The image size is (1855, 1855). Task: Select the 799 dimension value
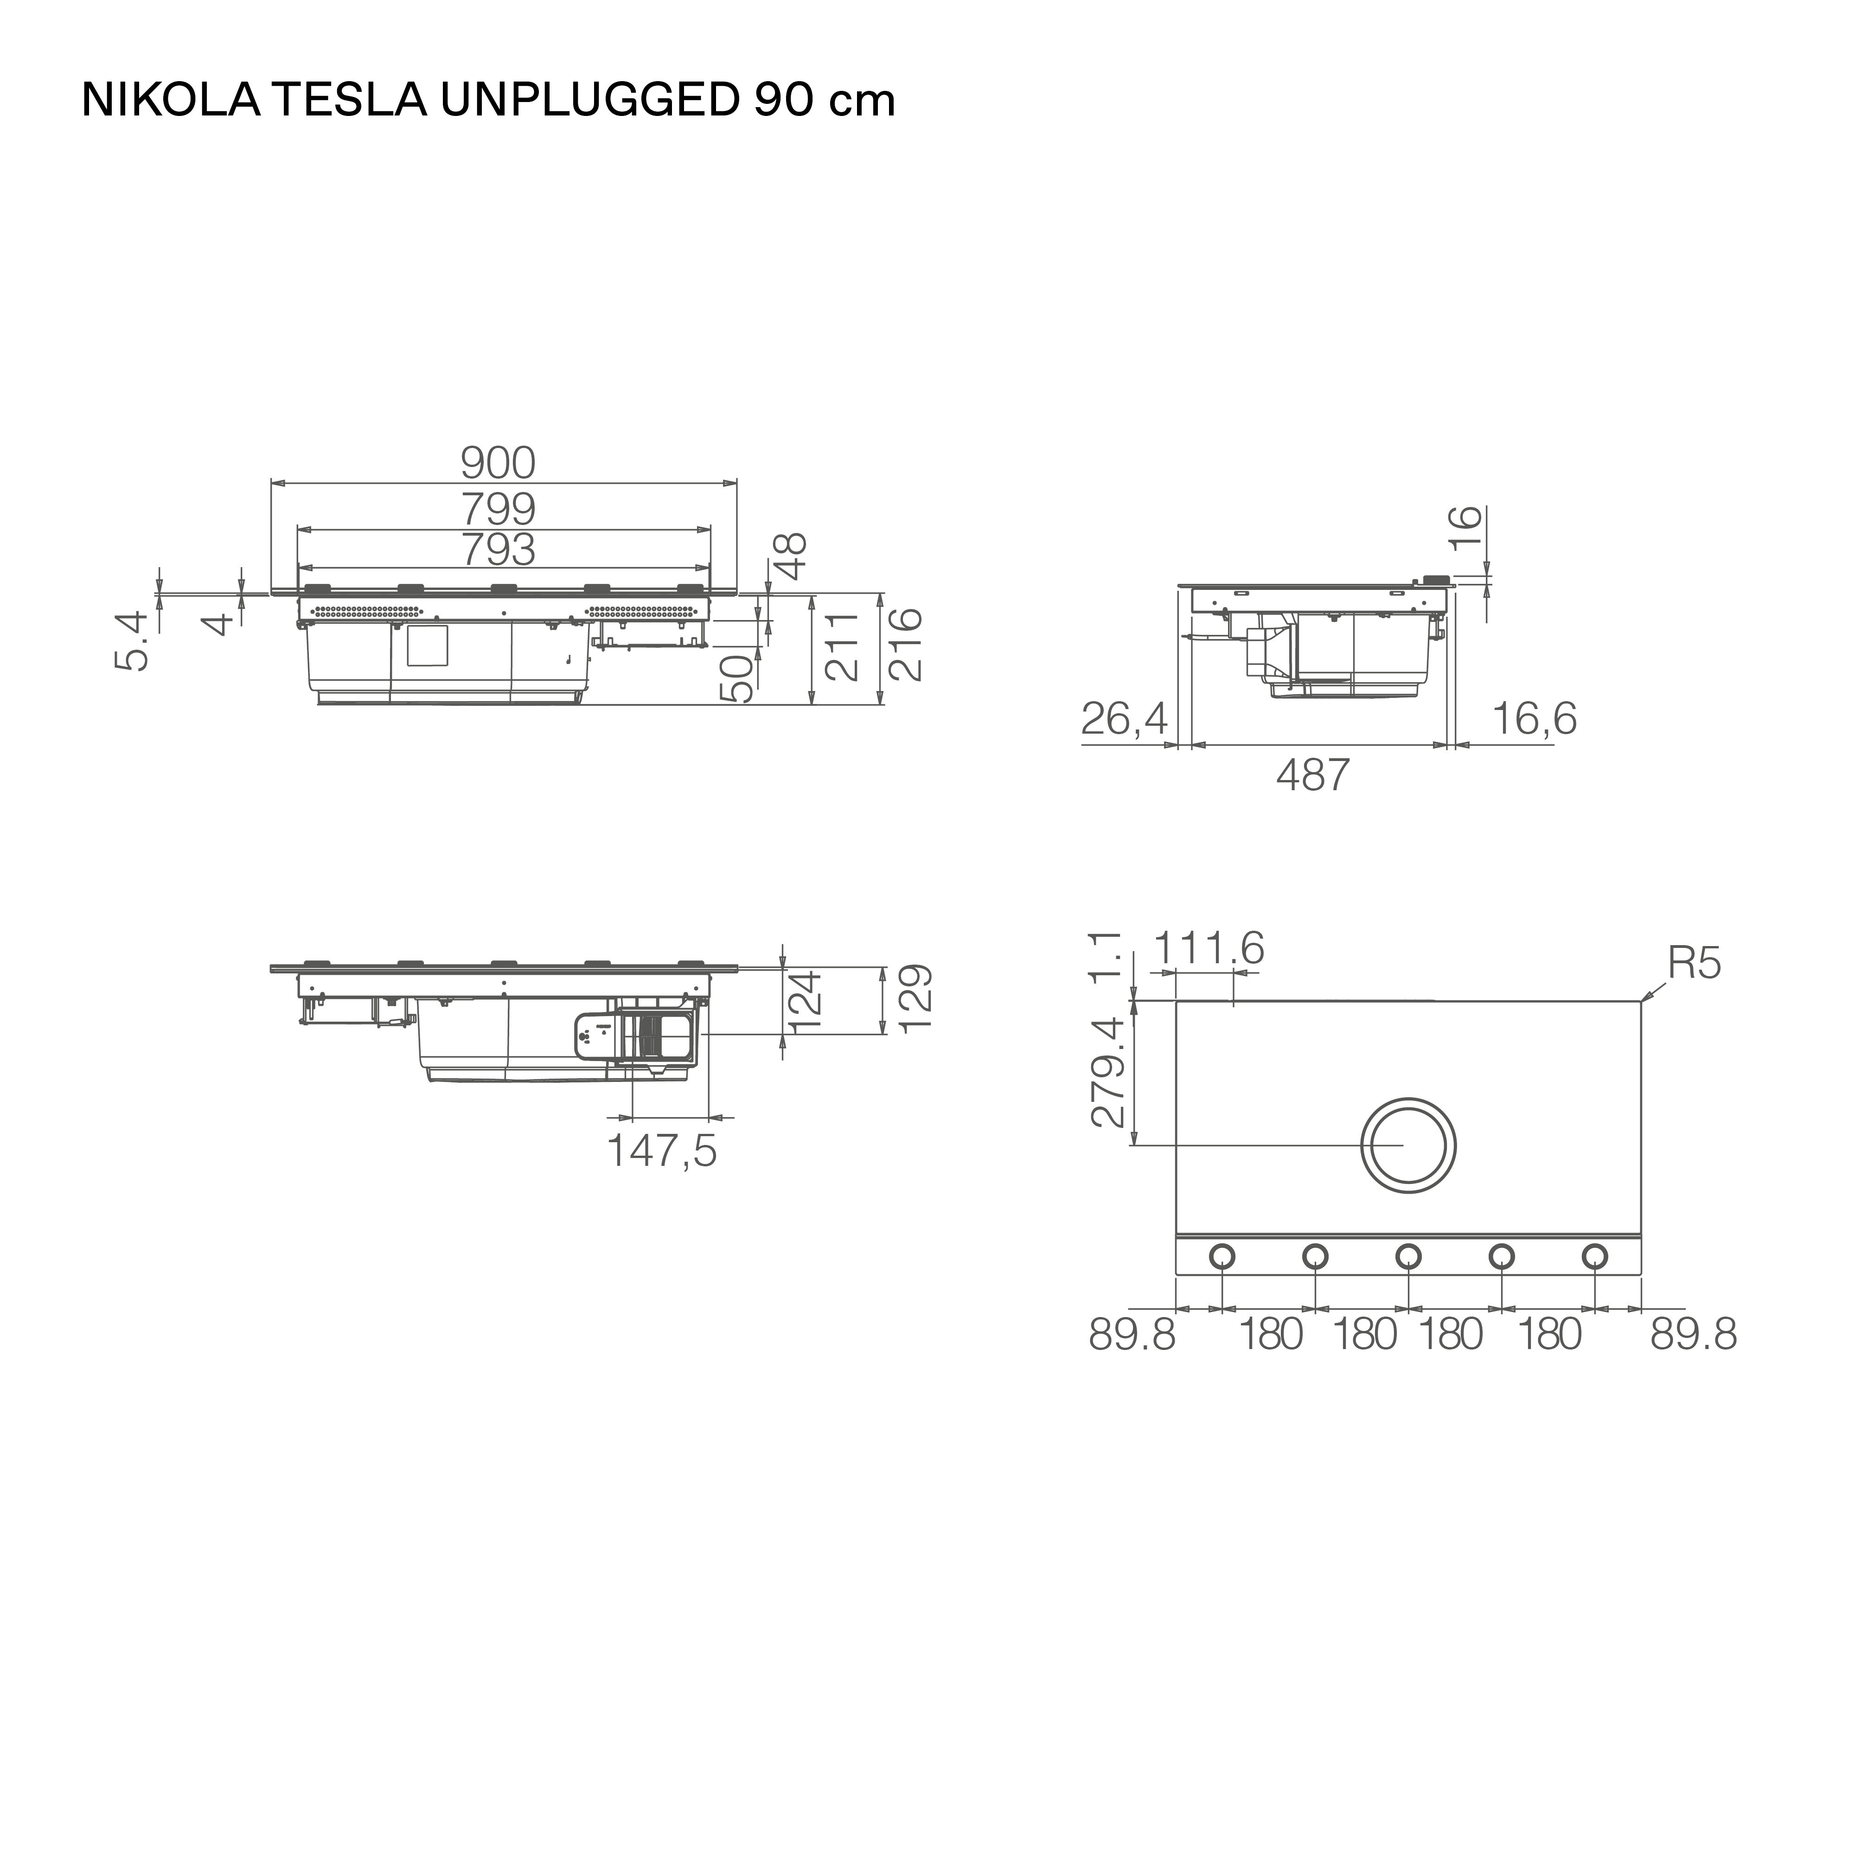(497, 508)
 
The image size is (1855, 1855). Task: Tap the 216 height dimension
(904, 644)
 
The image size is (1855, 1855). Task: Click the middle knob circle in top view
(1407, 1256)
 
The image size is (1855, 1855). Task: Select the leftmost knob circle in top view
(1222, 1256)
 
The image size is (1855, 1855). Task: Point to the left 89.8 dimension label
(1131, 1335)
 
